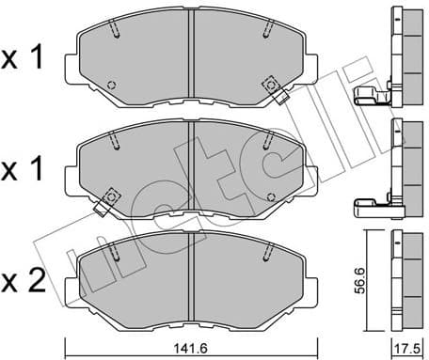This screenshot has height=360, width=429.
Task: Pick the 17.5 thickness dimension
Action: coord(407,347)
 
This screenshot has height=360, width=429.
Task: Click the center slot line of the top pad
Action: coord(192,56)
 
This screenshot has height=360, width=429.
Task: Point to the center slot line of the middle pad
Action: coord(192,167)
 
